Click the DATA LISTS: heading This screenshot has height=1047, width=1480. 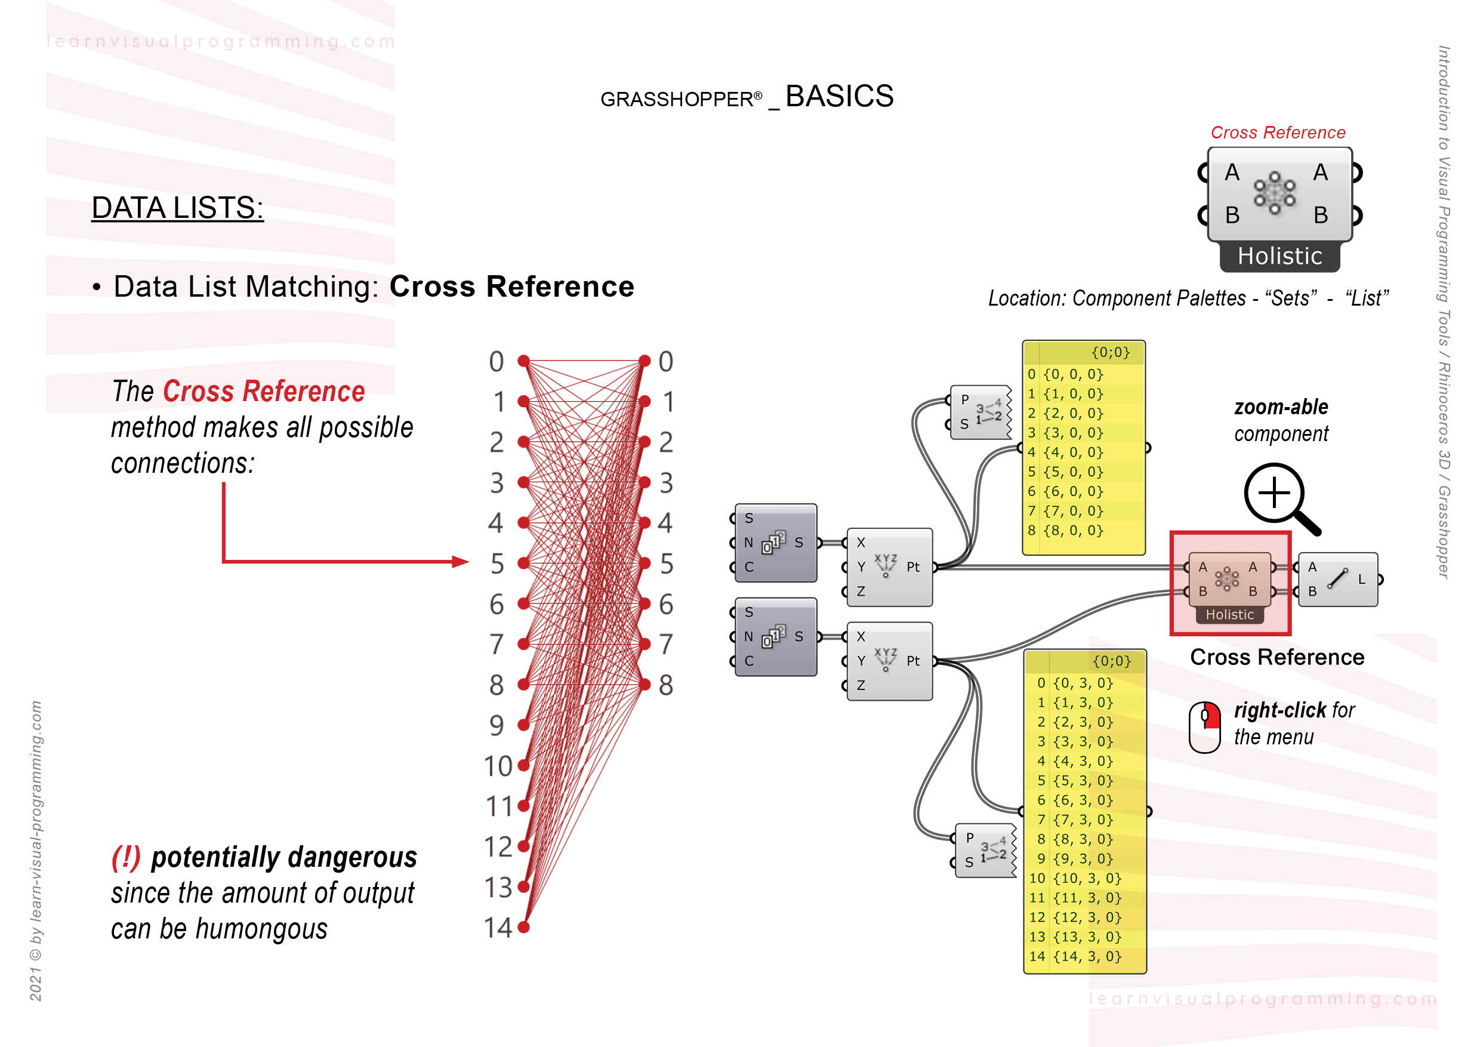[x=177, y=208]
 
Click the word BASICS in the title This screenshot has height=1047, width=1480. [x=838, y=97]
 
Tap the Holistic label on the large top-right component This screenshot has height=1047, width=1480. [x=1279, y=257]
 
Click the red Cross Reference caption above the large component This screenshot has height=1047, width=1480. [x=1278, y=133]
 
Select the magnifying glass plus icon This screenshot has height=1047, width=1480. [x=1275, y=494]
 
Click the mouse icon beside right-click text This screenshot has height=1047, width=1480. [x=1204, y=726]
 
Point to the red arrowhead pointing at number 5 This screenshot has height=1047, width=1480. [x=460, y=562]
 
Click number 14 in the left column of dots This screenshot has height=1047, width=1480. [x=498, y=928]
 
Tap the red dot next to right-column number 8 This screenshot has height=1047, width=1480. [x=645, y=685]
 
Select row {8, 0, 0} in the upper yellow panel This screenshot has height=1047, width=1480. [x=1073, y=531]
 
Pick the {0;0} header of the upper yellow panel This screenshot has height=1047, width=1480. [x=1109, y=353]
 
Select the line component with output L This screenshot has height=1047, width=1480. [x=1337, y=579]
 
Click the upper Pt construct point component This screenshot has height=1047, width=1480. [x=889, y=566]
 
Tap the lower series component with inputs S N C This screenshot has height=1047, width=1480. [x=775, y=637]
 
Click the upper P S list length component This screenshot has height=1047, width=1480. [x=980, y=412]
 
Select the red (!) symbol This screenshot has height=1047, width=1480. [x=126, y=857]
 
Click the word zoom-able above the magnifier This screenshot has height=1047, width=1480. [x=1280, y=408]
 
